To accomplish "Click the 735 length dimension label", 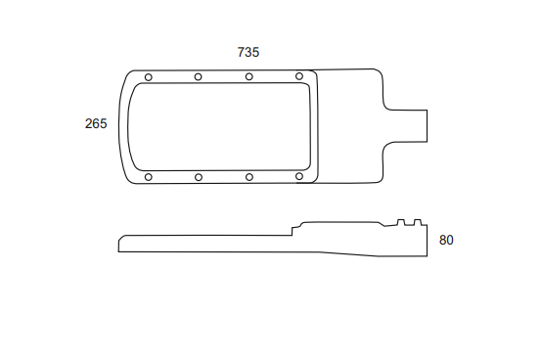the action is point(247,53).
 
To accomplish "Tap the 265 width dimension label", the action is point(96,123).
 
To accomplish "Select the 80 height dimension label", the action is point(446,240).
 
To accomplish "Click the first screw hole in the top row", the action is point(149,77).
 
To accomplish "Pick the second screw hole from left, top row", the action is point(198,77).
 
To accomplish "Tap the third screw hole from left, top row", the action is point(249,76).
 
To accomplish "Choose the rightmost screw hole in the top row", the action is point(299,76).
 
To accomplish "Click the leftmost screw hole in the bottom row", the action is point(149,177).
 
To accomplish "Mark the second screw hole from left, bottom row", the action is point(199,177).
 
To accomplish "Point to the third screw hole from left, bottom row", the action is point(249,177).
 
